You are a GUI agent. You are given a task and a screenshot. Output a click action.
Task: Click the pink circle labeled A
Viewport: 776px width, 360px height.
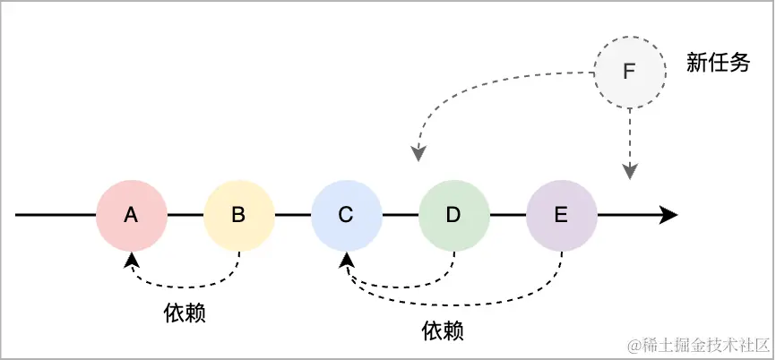(x=132, y=215)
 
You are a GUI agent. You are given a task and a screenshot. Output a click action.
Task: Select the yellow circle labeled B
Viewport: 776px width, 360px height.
(x=238, y=215)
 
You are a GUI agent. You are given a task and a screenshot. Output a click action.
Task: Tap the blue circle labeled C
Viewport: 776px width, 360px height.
(x=346, y=215)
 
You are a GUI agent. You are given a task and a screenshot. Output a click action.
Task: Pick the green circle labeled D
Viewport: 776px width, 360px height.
(x=453, y=215)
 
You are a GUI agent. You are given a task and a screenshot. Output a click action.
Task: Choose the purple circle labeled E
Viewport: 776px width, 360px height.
(x=561, y=215)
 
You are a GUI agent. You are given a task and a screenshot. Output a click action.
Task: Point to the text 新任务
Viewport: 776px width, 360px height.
(x=718, y=63)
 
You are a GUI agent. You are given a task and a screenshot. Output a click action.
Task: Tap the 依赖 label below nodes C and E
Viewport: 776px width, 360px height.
(x=443, y=330)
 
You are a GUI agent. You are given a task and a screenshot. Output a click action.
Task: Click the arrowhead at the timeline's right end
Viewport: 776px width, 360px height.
(x=668, y=215)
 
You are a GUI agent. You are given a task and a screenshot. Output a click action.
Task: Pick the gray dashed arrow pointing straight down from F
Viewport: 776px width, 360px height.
(x=630, y=143)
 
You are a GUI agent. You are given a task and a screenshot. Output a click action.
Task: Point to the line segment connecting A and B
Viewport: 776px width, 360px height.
(x=185, y=215)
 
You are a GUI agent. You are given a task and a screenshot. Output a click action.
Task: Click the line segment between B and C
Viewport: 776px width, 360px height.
(x=292, y=215)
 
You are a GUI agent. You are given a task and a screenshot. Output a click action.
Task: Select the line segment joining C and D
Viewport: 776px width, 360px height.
(x=400, y=215)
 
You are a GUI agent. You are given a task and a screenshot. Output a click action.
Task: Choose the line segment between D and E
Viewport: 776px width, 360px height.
(x=507, y=215)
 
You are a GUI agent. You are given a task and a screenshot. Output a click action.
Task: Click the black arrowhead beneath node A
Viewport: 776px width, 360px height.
(x=133, y=258)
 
